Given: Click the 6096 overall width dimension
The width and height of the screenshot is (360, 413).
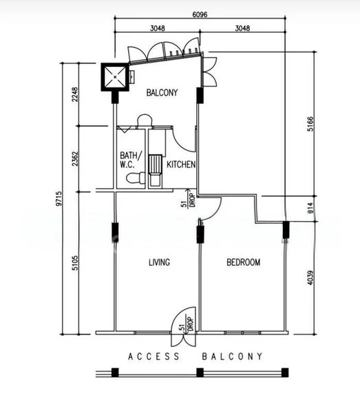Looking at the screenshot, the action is [x=200, y=14].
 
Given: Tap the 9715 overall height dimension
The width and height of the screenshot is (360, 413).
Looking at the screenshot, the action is [x=59, y=198].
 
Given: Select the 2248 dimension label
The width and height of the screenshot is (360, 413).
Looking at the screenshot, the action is [x=75, y=94].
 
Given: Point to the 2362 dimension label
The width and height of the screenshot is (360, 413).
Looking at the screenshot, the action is [x=75, y=158].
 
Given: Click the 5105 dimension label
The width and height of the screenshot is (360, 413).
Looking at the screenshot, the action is [x=75, y=263].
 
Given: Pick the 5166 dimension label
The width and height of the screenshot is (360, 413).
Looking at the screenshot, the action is [x=310, y=124].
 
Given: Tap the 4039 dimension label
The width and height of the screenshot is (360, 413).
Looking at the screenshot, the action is [x=310, y=277].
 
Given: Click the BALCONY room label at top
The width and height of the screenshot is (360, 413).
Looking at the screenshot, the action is [x=162, y=93].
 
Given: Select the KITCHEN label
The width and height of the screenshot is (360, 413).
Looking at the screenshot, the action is [x=181, y=165].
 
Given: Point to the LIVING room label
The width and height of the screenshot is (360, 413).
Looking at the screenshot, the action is [x=159, y=262].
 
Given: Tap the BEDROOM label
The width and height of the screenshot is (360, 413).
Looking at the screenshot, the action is [x=244, y=262].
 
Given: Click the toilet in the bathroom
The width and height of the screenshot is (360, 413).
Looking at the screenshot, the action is [x=136, y=178].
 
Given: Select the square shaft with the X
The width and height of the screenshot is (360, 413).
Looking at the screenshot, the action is [x=115, y=77].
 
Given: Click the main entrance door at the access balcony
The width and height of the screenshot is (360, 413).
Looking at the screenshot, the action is [x=183, y=326].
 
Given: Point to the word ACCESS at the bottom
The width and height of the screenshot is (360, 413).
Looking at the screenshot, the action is [x=153, y=357].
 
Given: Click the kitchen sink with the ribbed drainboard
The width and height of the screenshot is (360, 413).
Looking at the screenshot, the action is [x=155, y=171].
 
